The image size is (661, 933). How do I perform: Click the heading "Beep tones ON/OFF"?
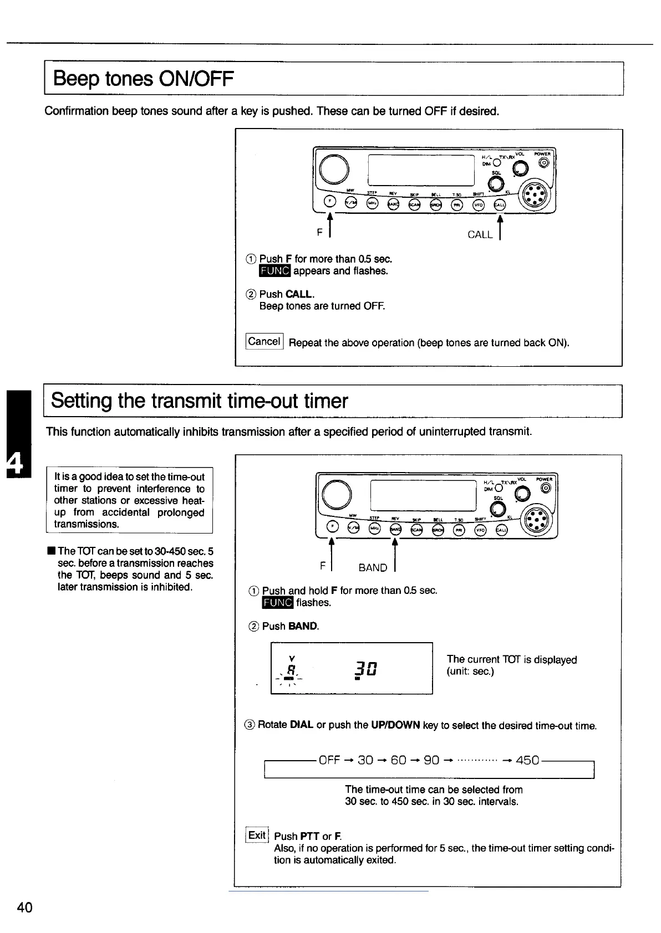click(143, 79)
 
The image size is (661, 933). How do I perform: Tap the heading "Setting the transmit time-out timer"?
click(200, 401)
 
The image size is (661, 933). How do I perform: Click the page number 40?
click(25, 907)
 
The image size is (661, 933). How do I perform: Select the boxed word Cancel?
click(264, 341)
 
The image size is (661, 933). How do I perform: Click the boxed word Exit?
click(257, 835)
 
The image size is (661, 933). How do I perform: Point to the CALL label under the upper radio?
click(480, 234)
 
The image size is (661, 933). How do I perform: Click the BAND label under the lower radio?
click(373, 567)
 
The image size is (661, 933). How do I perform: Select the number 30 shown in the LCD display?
click(367, 669)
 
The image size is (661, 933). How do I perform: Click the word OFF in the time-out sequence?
click(329, 760)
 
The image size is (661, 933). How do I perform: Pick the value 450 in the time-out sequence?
click(527, 760)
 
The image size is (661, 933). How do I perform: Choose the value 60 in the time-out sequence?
click(398, 760)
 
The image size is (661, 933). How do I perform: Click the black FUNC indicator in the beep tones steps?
click(274, 271)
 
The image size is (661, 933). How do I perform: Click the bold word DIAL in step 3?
click(301, 725)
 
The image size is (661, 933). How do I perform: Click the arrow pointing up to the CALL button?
click(500, 227)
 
